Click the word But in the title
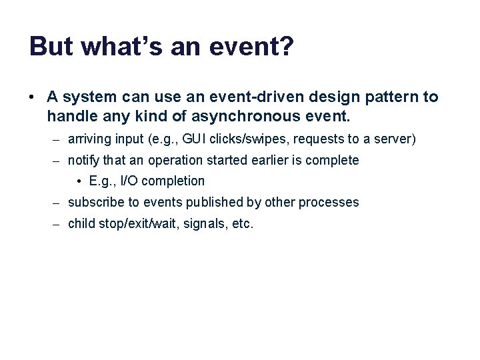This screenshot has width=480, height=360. [x=50, y=47]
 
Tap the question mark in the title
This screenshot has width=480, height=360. [x=285, y=47]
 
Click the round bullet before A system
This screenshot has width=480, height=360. [x=33, y=97]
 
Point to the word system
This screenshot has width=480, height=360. [x=89, y=97]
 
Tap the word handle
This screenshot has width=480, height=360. [x=69, y=117]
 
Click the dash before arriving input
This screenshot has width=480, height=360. [x=59, y=139]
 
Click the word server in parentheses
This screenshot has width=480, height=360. [x=395, y=139]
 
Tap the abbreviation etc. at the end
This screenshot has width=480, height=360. [x=242, y=224]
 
